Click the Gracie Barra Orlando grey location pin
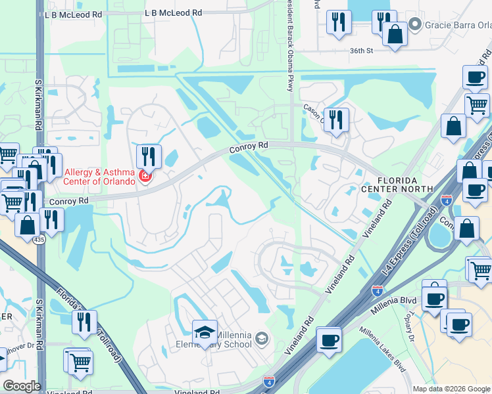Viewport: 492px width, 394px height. click(414, 26)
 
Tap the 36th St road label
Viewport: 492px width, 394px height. click(360, 50)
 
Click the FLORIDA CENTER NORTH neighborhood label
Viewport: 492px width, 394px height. click(397, 184)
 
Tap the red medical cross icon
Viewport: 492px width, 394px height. click(145, 177)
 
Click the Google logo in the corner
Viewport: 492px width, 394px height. click(22, 385)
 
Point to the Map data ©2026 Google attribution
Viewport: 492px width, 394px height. click(451, 389)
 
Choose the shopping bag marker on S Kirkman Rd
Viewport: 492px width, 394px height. click(28, 225)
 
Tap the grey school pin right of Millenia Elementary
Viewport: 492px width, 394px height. click(262, 339)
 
